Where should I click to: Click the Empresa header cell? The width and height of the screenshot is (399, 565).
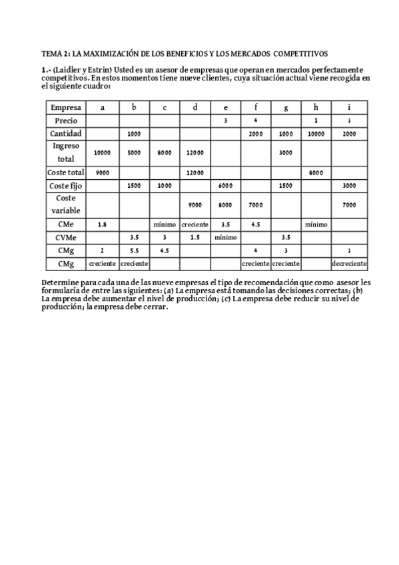(x=66, y=107)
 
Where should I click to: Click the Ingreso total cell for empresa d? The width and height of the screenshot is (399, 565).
(x=195, y=153)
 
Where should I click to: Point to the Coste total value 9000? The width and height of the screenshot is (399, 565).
(x=102, y=173)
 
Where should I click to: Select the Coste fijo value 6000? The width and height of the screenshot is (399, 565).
(x=225, y=186)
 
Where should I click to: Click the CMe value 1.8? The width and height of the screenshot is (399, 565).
(x=102, y=225)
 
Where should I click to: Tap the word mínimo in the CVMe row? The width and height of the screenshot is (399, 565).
(x=225, y=237)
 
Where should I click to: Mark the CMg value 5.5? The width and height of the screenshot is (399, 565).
(x=134, y=250)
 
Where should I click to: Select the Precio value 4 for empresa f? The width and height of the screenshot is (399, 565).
(x=256, y=121)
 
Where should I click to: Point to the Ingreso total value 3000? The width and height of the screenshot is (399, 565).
(x=286, y=153)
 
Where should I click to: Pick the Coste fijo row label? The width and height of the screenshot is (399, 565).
(x=66, y=186)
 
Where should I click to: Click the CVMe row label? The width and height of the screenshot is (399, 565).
(x=66, y=237)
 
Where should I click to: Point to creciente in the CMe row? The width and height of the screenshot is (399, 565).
(x=195, y=225)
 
